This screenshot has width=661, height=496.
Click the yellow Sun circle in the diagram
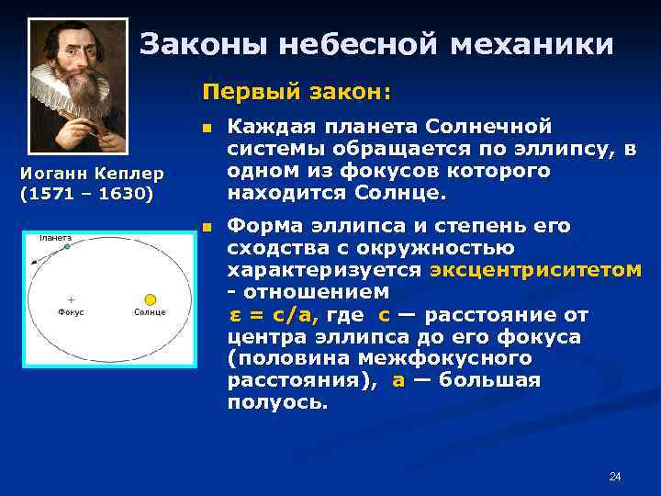(x=150, y=299)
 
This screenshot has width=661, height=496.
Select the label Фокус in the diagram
(x=71, y=312)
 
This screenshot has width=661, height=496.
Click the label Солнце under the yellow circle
(x=150, y=312)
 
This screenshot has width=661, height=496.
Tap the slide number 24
(x=615, y=476)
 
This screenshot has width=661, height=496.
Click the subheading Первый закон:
(x=297, y=93)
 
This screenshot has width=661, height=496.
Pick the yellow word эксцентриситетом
(x=535, y=270)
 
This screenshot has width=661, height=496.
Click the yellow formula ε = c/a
(x=273, y=314)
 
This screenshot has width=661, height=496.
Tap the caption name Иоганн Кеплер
(x=92, y=173)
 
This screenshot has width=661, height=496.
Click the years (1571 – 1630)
(x=85, y=194)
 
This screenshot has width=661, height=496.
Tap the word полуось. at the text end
(x=277, y=402)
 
